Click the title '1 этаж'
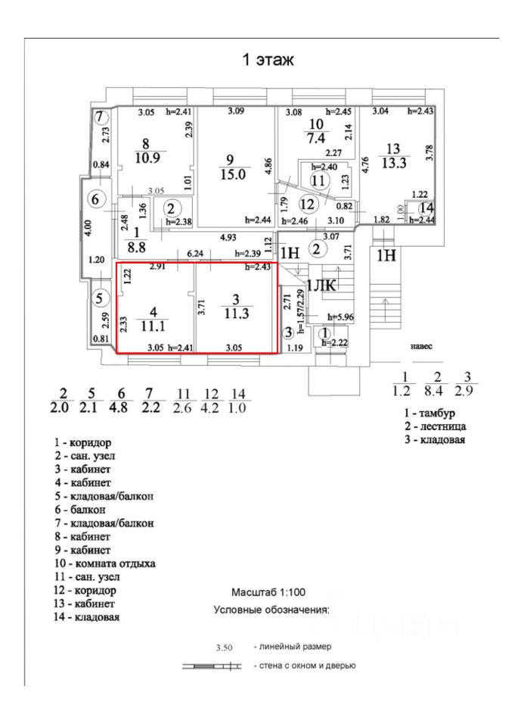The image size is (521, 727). tap(266, 60)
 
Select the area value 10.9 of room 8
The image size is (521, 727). tap(146, 158)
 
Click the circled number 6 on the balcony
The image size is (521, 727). tap(95, 200)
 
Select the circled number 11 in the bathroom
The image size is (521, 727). tap(318, 180)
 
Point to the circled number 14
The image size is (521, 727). tap(427, 208)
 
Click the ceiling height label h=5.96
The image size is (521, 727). tap(340, 317)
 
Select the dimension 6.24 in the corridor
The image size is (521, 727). tap(194, 254)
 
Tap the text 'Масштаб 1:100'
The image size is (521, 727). tap(268, 592)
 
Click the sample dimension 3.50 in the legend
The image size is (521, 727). tap(223, 648)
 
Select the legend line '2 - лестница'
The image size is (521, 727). tap(434, 426)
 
